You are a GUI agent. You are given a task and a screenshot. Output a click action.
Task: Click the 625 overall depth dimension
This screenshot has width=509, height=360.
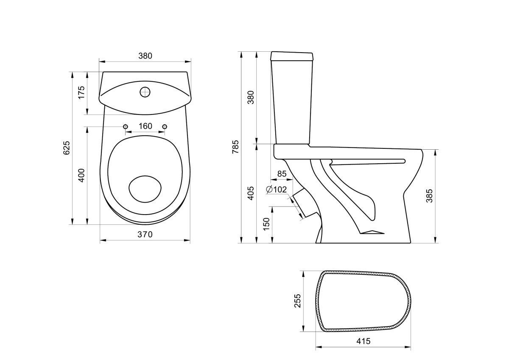click(67, 148)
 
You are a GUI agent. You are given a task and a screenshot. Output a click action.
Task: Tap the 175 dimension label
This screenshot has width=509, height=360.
click(81, 92)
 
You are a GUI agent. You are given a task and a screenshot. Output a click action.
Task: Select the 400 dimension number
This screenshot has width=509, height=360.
click(81, 176)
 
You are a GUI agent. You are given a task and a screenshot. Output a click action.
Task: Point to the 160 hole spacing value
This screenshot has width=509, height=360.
click(145, 126)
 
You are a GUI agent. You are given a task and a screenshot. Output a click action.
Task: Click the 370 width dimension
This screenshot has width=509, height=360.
click(145, 234)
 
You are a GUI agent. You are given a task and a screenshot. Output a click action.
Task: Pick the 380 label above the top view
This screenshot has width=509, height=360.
click(145, 56)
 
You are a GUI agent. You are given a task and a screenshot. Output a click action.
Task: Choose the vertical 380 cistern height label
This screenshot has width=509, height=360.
click(251, 97)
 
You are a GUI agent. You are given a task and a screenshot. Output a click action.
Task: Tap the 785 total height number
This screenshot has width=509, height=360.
click(236, 147)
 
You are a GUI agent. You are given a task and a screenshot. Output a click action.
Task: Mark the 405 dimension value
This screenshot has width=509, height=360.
click(251, 193)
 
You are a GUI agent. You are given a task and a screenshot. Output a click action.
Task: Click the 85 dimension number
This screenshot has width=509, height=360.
click(282, 174)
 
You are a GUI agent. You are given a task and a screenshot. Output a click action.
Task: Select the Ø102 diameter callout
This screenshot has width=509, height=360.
click(277, 190)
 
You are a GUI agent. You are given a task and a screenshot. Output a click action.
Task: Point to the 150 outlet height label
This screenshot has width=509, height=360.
click(266, 224)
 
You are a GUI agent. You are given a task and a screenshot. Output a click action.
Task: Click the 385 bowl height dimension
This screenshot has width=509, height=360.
click(429, 196)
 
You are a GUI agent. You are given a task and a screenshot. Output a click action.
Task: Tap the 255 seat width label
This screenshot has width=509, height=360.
click(298, 301)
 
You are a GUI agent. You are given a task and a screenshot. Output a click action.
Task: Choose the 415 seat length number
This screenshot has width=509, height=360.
click(364, 341)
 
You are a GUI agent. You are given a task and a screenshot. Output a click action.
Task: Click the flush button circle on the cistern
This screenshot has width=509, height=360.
click(145, 92)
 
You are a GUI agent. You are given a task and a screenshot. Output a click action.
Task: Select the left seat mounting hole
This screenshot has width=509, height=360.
click(126, 126)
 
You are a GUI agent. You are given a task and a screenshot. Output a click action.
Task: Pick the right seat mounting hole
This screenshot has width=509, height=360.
click(165, 126)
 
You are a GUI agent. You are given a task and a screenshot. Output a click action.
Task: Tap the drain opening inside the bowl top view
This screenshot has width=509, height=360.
click(145, 189)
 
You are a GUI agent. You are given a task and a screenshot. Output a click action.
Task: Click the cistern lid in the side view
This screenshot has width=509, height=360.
click(292, 56)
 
